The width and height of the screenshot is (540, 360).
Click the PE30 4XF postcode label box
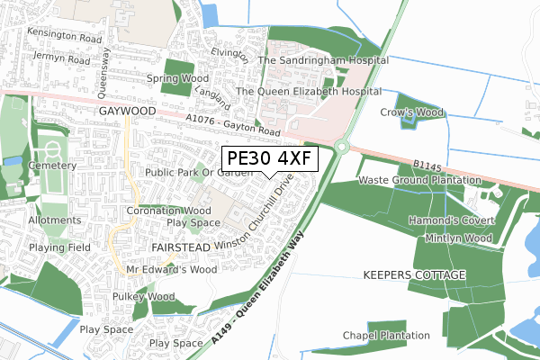(270, 160)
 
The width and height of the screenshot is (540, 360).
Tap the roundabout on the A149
(342, 147)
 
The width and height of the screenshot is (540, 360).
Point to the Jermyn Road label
(60, 59)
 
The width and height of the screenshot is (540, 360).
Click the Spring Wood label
(179, 78)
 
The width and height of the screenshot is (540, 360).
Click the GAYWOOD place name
(128, 111)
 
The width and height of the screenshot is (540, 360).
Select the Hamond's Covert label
(452, 220)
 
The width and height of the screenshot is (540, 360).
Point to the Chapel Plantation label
(386, 336)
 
